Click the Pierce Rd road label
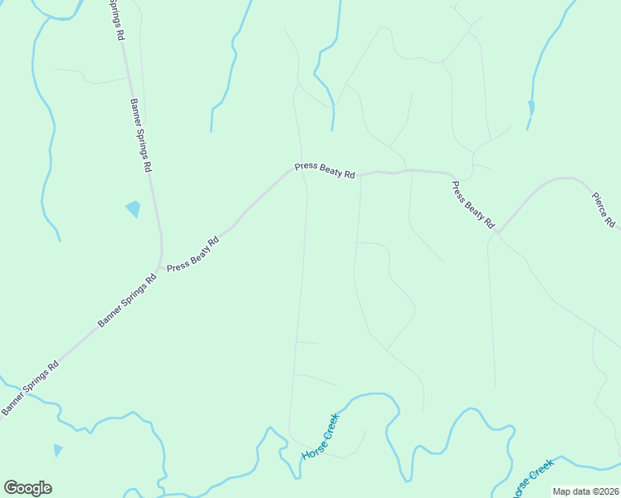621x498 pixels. tap(604, 211)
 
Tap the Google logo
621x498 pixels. tap(27, 488)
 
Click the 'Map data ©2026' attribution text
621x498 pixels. tap(585, 491)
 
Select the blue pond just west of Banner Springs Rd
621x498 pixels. tap(133, 208)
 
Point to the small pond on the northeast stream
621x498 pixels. tap(531, 107)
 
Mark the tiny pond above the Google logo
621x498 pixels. tap(57, 450)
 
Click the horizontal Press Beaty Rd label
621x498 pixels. tap(325, 170)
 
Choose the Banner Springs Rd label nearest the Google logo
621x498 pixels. tap(30, 388)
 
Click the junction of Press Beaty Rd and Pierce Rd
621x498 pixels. tap(496, 232)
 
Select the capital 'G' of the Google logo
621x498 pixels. tap(11, 487)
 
